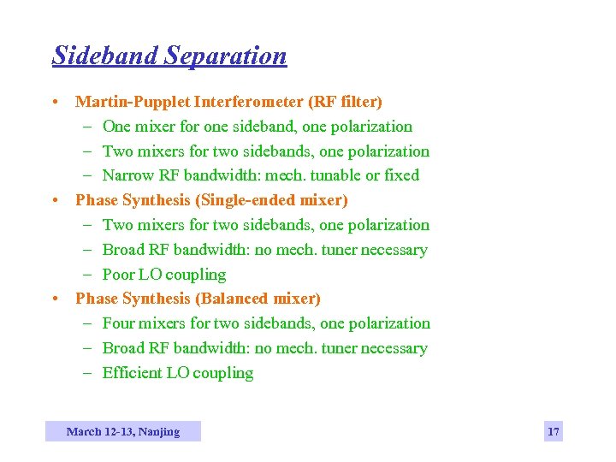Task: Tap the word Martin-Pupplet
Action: coord(133,102)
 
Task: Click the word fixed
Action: coord(402,175)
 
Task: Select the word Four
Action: coord(120,323)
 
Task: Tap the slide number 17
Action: coord(554,432)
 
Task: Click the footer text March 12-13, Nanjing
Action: coord(123,432)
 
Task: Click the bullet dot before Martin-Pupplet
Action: coord(55,102)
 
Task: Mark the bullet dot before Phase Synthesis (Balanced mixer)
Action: coord(55,299)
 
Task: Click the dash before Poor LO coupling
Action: coord(89,275)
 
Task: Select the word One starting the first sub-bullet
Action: coord(117,127)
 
